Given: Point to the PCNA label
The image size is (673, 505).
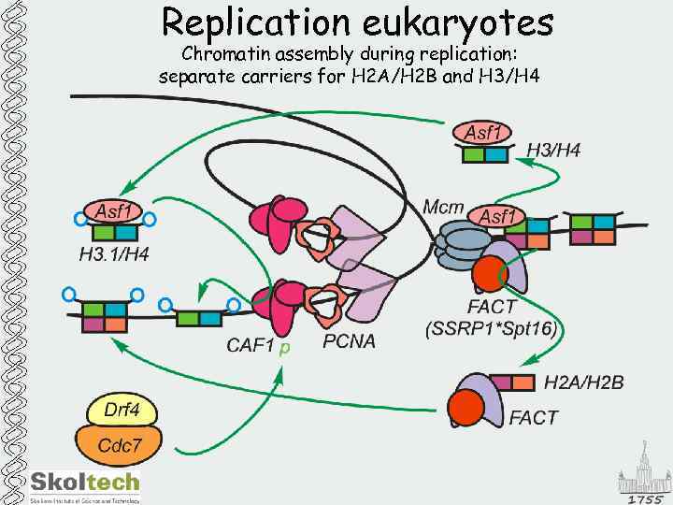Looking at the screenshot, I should click(349, 341).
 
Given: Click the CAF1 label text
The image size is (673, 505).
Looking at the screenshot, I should click(251, 346).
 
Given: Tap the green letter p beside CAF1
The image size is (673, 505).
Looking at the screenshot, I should click(285, 348).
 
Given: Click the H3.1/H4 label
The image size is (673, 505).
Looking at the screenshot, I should click(113, 253).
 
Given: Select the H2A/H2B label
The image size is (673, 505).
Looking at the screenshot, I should click(584, 382).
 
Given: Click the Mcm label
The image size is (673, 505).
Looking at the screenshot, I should click(443, 208).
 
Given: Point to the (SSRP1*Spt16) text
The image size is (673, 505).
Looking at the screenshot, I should click(492, 327).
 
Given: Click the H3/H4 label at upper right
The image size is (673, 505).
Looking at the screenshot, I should click(553, 150).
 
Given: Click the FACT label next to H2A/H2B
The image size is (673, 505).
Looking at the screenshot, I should click(533, 417).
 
